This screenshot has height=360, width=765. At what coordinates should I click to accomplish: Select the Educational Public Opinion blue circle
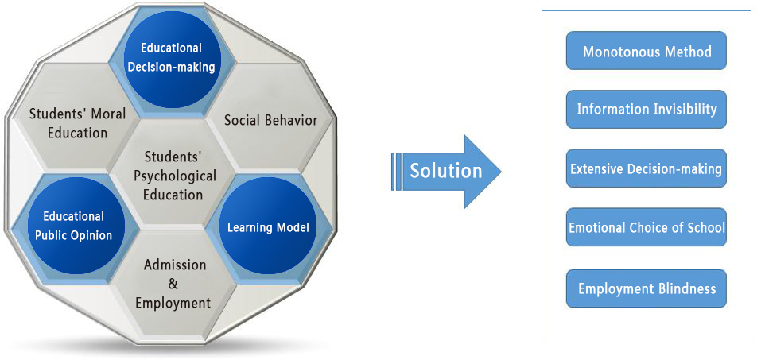coord(72,226)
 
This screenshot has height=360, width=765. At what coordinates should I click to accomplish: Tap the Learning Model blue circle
coord(267,227)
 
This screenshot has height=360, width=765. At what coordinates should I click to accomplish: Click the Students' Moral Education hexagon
coord(77,122)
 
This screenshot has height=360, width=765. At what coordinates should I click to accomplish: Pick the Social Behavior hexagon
coord(270,120)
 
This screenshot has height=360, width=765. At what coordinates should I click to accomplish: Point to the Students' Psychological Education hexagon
coord(173,174)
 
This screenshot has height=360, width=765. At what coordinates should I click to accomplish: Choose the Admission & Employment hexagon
coord(173,283)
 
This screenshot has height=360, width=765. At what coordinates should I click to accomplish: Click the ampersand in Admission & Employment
coord(174,284)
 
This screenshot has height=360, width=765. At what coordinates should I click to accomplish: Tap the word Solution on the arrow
coord(445,171)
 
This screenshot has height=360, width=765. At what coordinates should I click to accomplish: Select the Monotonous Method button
coord(647,52)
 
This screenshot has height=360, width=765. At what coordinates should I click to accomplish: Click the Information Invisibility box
coord(647,110)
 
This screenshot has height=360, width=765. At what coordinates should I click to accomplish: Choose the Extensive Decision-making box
coord(647,168)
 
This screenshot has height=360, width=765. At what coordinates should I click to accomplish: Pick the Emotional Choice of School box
coord(647,227)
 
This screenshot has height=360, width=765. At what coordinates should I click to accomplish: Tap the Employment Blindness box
coord(647,288)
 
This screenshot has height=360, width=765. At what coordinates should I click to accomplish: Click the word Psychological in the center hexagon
coord(173,175)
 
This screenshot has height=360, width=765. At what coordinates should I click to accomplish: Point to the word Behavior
coord(289,120)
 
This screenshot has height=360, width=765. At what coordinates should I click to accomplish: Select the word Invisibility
coord(682,110)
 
